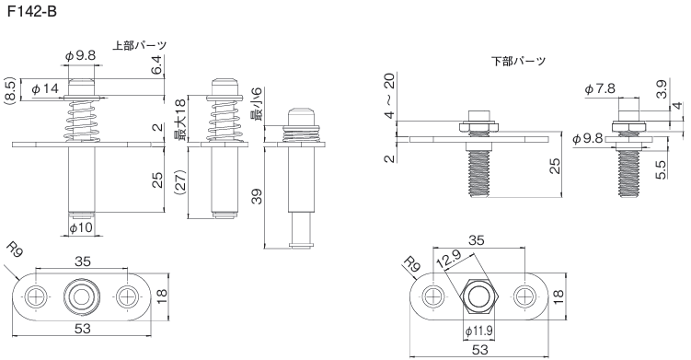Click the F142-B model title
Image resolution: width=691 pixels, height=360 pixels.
click(31, 11)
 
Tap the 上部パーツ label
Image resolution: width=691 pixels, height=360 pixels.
click(140, 45)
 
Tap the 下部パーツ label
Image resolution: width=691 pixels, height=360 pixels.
click(518, 61)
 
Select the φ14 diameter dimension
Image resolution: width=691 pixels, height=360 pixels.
click(45, 88)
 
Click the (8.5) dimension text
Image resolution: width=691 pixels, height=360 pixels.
click(11, 90)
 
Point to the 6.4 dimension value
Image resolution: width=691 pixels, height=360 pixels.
click(157, 65)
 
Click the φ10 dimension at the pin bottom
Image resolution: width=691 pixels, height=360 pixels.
click(82, 228)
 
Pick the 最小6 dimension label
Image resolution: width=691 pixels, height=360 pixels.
click(256, 104)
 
